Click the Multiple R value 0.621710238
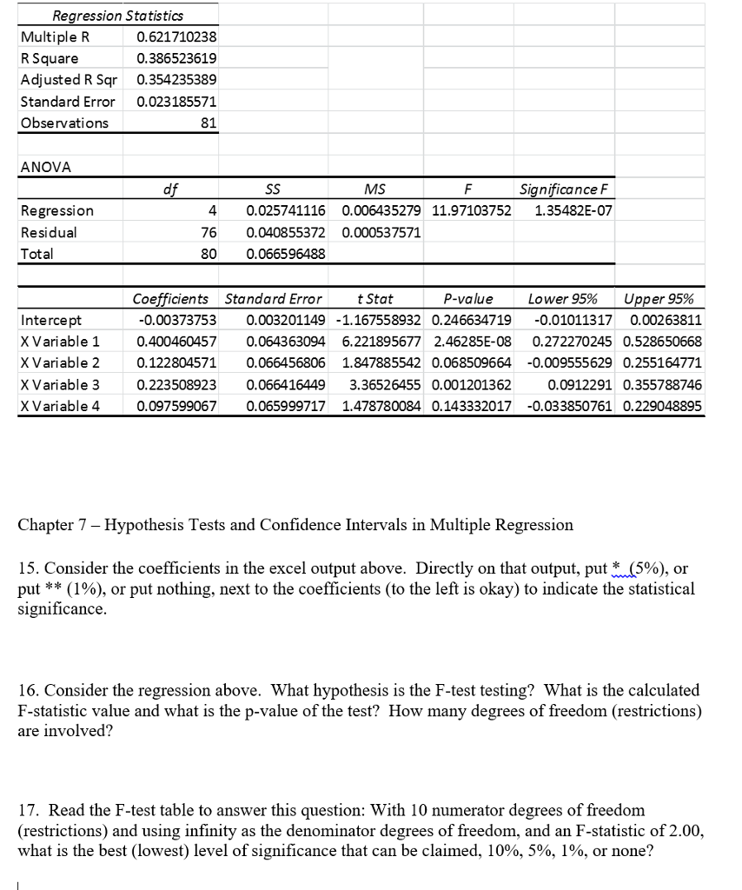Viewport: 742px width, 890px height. pos(176,37)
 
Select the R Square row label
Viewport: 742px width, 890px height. pos(50,58)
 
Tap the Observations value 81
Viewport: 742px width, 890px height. pos(208,123)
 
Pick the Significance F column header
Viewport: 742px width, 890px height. pos(564,189)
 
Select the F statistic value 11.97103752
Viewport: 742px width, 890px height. pos(470,210)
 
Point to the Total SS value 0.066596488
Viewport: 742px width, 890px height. pos(286,254)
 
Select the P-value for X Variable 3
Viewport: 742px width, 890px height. pos(471,383)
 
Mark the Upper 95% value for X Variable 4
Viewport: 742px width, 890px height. pos(662,405)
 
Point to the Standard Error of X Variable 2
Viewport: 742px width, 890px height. pos(286,362)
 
